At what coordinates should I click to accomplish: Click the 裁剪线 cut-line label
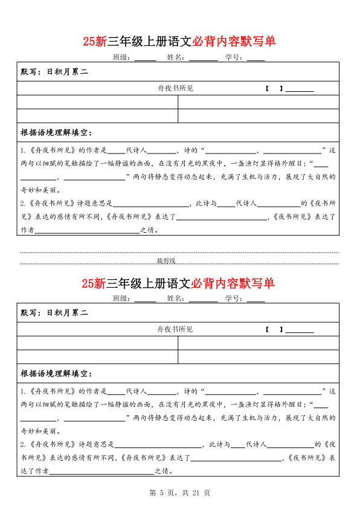(166, 261)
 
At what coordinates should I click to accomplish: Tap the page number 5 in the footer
(161, 493)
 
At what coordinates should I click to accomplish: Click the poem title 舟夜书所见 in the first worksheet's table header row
(175, 88)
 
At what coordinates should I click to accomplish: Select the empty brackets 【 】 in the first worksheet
(274, 88)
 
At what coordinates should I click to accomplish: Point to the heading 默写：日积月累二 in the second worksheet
(54, 313)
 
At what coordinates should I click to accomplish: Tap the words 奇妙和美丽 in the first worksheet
(39, 189)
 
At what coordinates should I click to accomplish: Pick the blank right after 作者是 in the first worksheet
(117, 151)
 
